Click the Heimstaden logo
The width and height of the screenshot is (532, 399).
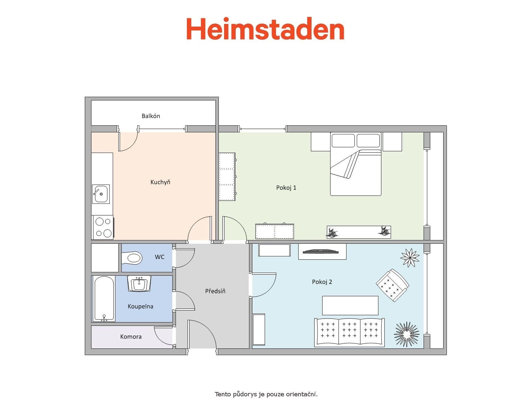pos(265,29)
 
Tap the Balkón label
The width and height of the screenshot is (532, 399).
pos(151,116)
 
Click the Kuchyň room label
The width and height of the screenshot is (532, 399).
pos(160,182)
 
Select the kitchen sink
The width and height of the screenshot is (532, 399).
pos(101,194)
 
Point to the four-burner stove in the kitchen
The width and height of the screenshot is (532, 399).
pos(103,227)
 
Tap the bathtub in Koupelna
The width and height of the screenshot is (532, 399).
pos(104,299)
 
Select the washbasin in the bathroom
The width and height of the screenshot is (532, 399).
pos(139,284)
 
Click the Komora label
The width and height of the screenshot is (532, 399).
pos(131,337)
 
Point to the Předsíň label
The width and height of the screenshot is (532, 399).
pos(215,291)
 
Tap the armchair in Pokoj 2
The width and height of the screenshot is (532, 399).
pos(392,285)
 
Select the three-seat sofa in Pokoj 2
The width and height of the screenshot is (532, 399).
pos(349,332)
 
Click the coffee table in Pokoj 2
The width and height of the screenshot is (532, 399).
pos(350,305)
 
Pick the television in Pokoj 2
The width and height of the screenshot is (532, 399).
pos(322,251)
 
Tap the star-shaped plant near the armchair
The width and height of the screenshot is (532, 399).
pos(410,257)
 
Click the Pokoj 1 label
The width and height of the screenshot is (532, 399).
pos(286,188)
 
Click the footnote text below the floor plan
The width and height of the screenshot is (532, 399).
pos(266,394)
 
